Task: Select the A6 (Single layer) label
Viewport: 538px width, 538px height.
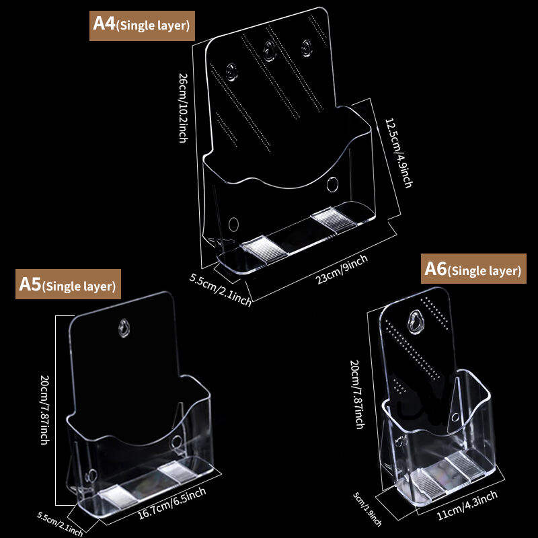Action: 473,269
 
